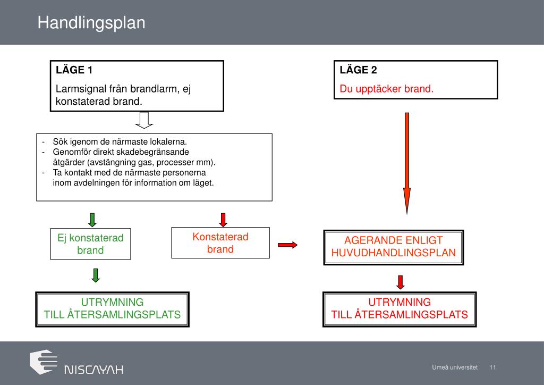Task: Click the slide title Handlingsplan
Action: coord(91,23)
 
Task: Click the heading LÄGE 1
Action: coord(74,70)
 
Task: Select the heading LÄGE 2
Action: coord(359,70)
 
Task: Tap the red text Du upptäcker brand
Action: coord(387,89)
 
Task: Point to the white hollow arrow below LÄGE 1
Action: coord(144,120)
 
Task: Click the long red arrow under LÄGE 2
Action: coord(407,162)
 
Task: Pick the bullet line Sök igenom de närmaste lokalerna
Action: coord(120,142)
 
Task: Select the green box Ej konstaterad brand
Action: coord(90,244)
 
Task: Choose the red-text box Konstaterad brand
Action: coord(220,242)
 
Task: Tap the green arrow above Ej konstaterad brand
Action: coord(92,219)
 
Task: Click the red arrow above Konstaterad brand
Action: coord(223,219)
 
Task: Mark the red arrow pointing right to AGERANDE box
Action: coord(287,245)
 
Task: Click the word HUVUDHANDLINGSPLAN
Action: coord(394,253)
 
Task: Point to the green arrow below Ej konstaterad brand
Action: coord(96,275)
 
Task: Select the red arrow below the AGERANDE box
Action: coord(401,282)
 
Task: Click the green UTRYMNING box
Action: coord(112,308)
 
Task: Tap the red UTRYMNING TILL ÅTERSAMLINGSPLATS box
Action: coord(399,308)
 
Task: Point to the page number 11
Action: coord(492,367)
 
